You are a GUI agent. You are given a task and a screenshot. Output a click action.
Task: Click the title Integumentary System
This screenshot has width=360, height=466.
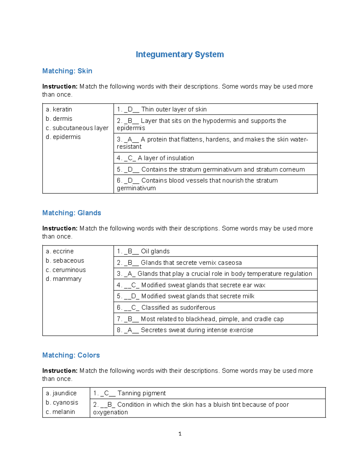[x=180, y=54]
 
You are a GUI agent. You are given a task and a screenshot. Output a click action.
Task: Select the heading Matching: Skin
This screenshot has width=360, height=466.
[x=67, y=71]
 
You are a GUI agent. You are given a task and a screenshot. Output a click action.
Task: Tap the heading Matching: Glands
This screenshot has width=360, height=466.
[x=71, y=213]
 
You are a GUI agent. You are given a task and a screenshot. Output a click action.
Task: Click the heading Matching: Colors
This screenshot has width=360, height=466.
[x=71, y=355]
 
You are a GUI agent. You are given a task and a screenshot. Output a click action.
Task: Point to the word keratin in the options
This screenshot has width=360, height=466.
[x=62, y=109]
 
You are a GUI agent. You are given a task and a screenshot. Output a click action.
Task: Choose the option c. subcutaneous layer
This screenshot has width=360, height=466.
[x=77, y=128]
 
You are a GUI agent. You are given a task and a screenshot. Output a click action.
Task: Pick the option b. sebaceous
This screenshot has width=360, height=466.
[x=65, y=260]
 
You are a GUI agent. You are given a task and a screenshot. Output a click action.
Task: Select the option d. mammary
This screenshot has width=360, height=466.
[x=64, y=279]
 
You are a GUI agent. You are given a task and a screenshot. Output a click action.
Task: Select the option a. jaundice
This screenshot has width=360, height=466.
[x=61, y=393]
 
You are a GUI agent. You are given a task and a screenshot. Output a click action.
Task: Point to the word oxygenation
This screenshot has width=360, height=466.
[x=110, y=412]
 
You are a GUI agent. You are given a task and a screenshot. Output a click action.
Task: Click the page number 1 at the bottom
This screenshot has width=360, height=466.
[x=180, y=434]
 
